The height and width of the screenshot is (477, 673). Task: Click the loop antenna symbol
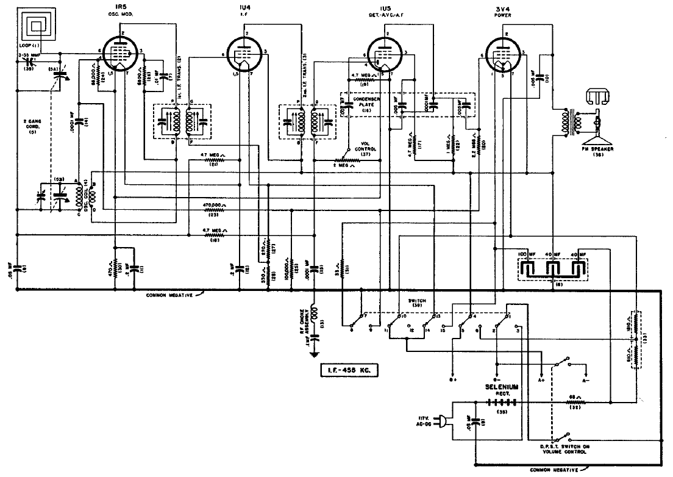click(x=37, y=26)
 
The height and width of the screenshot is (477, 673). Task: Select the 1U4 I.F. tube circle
click(x=246, y=54)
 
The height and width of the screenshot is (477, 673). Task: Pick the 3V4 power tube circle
click(x=504, y=54)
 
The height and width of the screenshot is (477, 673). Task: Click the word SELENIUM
click(x=502, y=387)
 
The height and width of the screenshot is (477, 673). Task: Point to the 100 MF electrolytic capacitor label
click(x=526, y=253)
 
